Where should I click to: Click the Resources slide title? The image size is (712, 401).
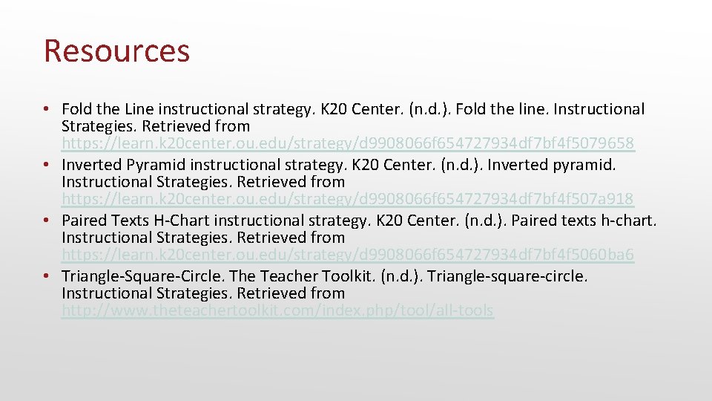(x=117, y=50)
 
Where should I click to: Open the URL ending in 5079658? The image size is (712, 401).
(x=348, y=143)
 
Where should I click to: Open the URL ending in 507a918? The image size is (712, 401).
(x=348, y=199)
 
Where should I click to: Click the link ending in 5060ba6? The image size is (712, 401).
(x=348, y=255)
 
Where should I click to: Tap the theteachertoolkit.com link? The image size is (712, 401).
(x=277, y=311)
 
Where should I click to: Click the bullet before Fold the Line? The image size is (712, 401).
(x=46, y=109)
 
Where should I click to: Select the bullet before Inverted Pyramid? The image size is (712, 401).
(x=46, y=165)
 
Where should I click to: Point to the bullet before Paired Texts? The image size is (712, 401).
(x=46, y=221)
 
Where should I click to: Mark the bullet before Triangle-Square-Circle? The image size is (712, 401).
(x=46, y=276)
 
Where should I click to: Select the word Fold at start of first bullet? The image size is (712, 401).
(x=76, y=109)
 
